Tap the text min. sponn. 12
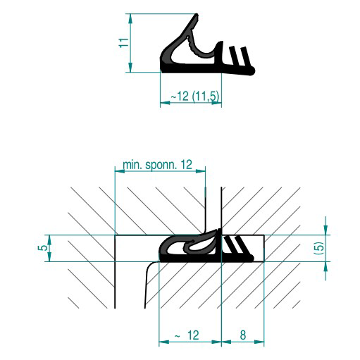pyautogui.click(x=157, y=163)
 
